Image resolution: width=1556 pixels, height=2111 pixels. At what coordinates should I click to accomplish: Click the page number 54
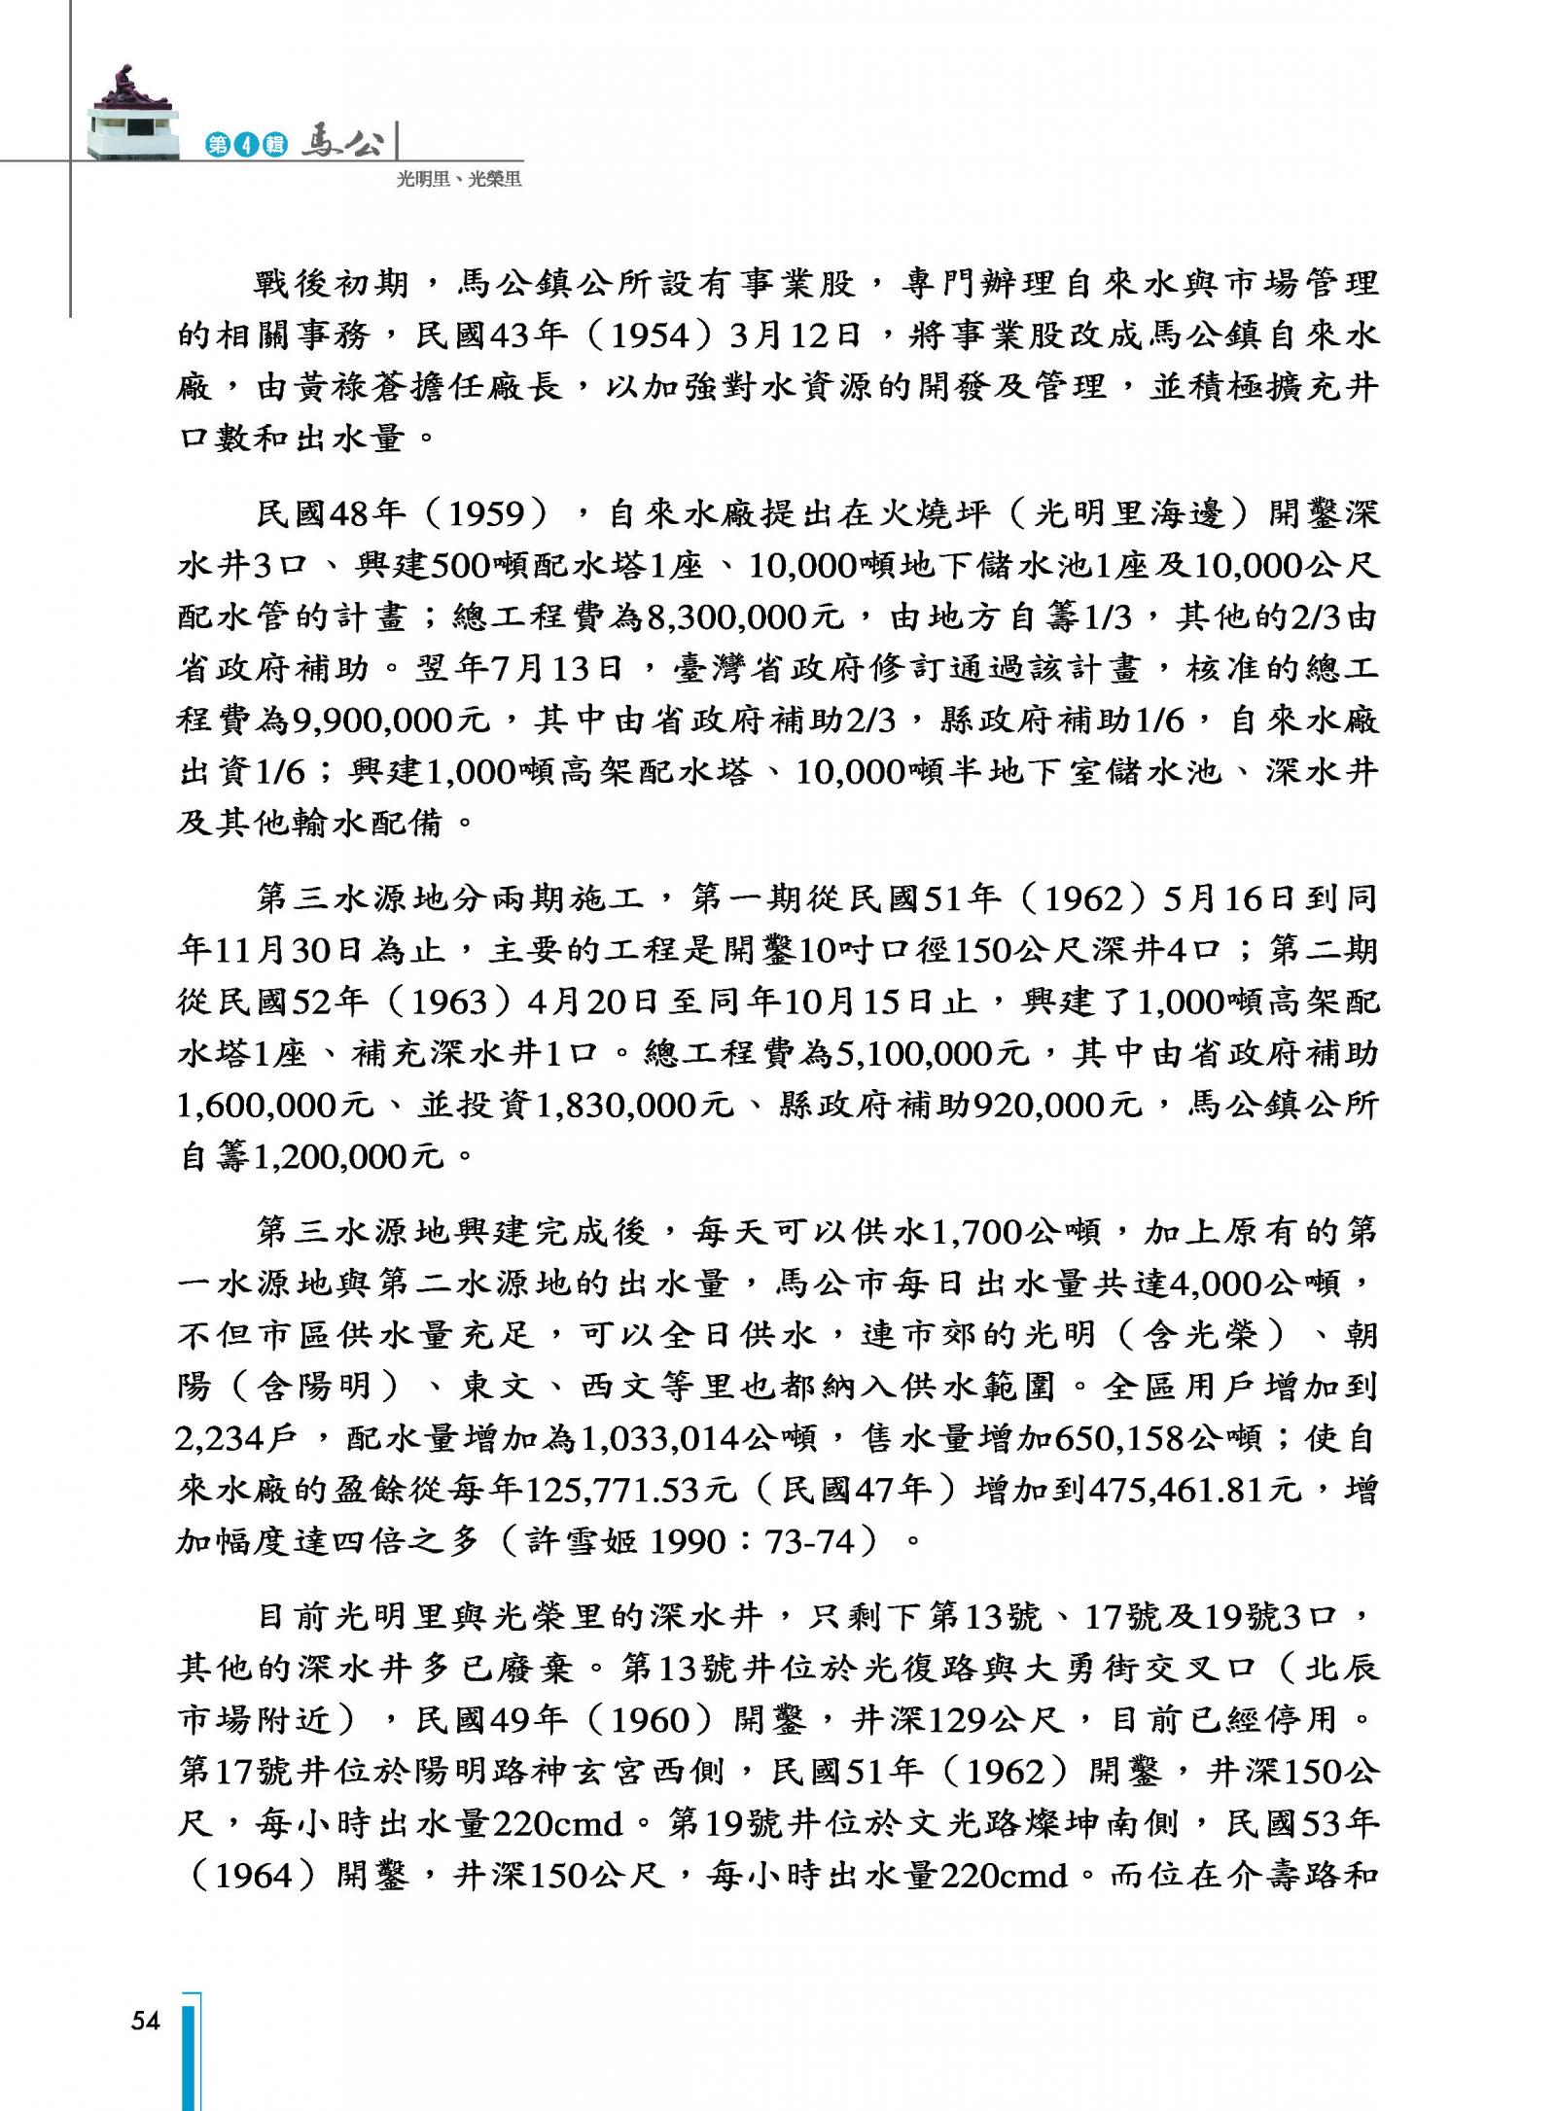click(x=145, y=2020)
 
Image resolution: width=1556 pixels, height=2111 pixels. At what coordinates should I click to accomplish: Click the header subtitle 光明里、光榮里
click(x=459, y=179)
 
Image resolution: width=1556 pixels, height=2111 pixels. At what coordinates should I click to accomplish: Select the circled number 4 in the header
click(x=247, y=146)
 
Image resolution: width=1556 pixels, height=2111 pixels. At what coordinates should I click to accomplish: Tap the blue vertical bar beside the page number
click(x=192, y=2052)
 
